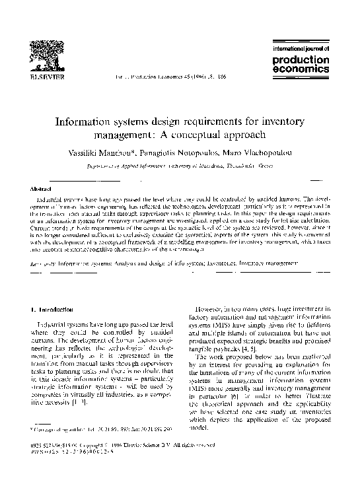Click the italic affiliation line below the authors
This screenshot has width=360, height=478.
pos(180,168)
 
